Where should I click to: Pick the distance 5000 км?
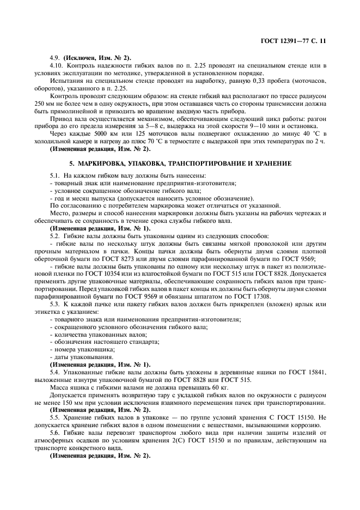pyautogui.click(x=101, y=133)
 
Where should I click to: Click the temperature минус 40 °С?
pyautogui.click(x=307, y=133)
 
